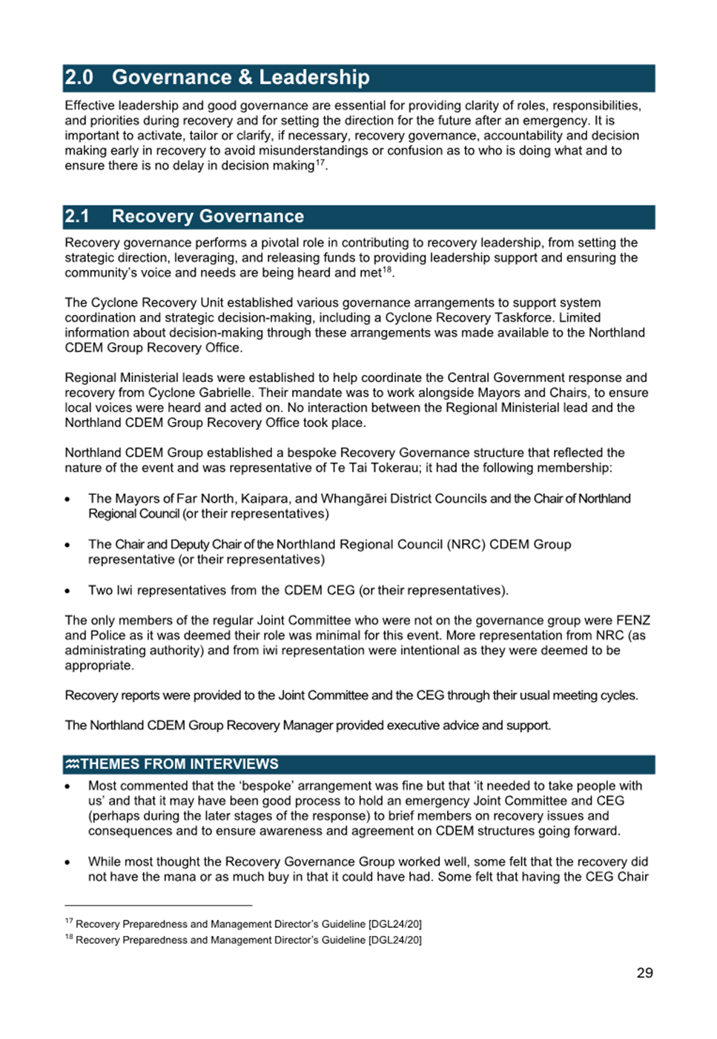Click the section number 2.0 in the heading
(79, 78)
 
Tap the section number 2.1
(77, 217)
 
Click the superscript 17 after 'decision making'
(320, 162)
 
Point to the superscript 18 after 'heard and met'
(386, 270)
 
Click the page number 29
(644, 973)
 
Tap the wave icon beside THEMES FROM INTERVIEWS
(72, 764)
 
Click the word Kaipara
(265, 499)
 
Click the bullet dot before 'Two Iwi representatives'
(67, 592)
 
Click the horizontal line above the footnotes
(158, 906)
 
